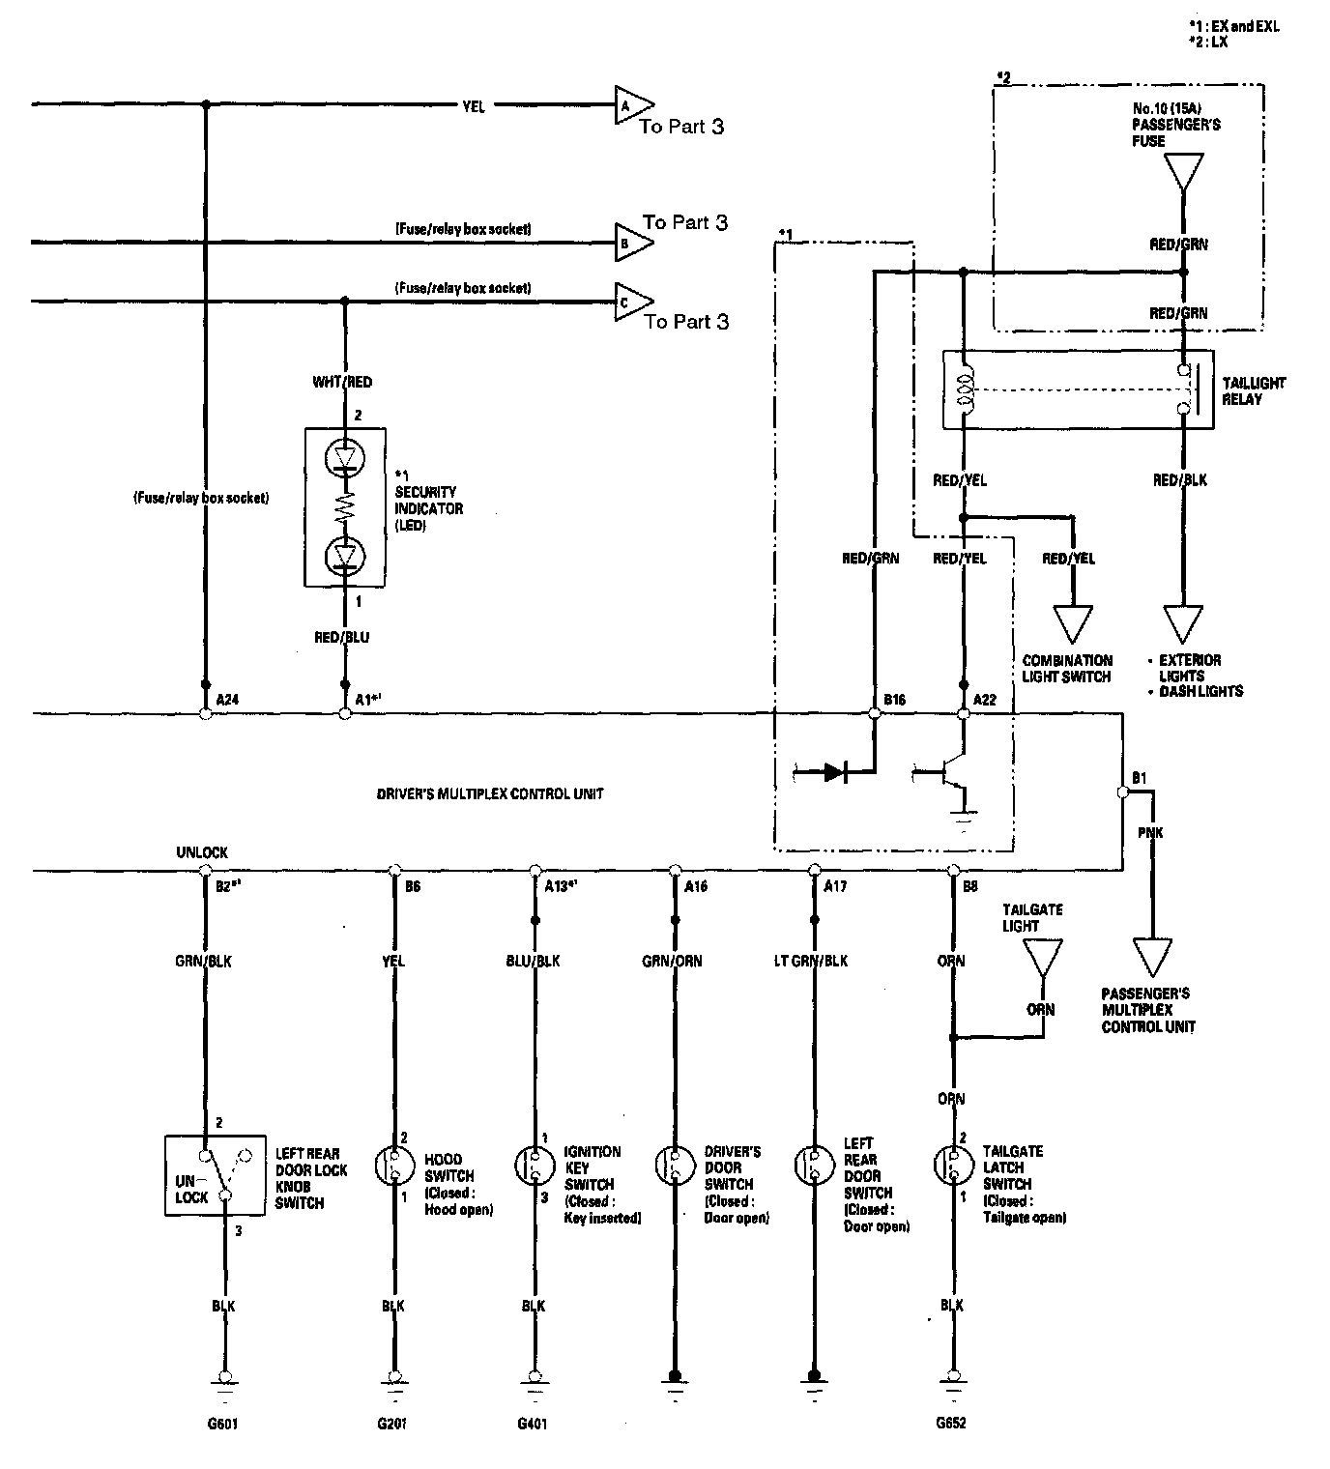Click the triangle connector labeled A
[x=631, y=105]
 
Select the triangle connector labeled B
[x=631, y=243]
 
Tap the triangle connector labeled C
[x=631, y=302]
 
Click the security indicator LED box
[x=345, y=506]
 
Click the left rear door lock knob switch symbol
[x=216, y=1174]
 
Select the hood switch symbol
[x=393, y=1166]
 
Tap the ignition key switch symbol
[x=534, y=1166]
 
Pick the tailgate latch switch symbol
[x=952, y=1166]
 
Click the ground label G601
[x=223, y=1424]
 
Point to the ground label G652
[x=951, y=1424]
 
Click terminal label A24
[x=228, y=699]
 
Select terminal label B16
[x=895, y=699]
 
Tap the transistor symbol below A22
[x=946, y=773]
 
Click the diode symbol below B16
[x=834, y=772]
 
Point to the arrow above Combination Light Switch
[x=1071, y=623]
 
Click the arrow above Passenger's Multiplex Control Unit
[x=1150, y=956]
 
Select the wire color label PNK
[x=1151, y=832]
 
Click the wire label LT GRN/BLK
[x=812, y=961]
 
